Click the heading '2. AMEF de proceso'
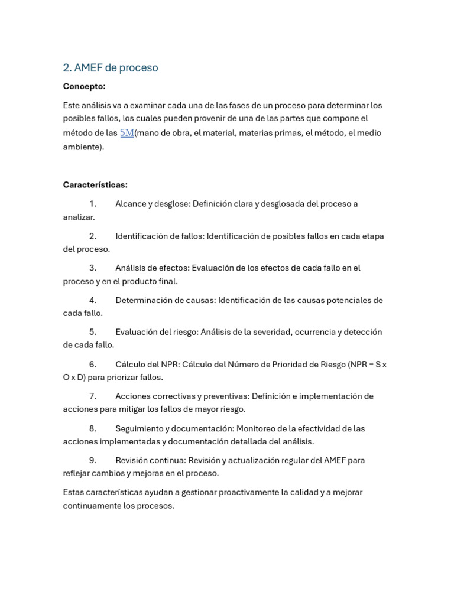click(111, 68)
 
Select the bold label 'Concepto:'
click(84, 87)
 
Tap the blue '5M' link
click(127, 133)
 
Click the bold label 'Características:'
click(95, 185)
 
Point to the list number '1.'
click(93, 204)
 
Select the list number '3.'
click(93, 268)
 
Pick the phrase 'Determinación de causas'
click(165, 300)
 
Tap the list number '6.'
click(93, 365)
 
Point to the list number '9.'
click(93, 460)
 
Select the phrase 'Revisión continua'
click(150, 460)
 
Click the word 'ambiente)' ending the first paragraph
click(83, 147)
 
